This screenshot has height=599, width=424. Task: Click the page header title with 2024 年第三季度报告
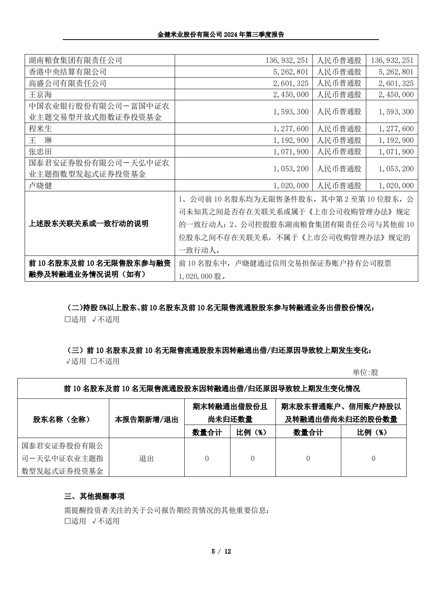coord(220,35)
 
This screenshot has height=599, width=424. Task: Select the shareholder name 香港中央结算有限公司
coord(68,72)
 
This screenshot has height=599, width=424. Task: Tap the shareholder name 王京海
coord(40,95)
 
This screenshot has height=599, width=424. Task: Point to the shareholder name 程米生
coord(40,129)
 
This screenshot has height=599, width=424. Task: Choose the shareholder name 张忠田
coord(40,152)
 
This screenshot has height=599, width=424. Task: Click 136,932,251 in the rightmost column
coord(392,60)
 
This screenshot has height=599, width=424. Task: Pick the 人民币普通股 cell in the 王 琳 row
coord(339,140)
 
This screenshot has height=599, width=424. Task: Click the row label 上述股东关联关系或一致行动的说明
coord(88,224)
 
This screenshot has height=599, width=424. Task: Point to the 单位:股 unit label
coord(365,372)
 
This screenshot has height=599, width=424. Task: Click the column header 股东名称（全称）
coord(63,419)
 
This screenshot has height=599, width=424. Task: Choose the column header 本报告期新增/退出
coord(147,419)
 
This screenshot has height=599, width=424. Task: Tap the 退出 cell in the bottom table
coord(147,458)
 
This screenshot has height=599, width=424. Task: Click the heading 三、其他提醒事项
coord(94,496)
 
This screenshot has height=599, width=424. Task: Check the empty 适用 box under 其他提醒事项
coord(68,521)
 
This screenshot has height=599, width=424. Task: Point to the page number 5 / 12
coord(221,551)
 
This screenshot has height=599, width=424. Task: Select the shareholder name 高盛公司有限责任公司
coord(68,83)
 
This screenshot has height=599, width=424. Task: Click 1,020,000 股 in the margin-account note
coord(202,276)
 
